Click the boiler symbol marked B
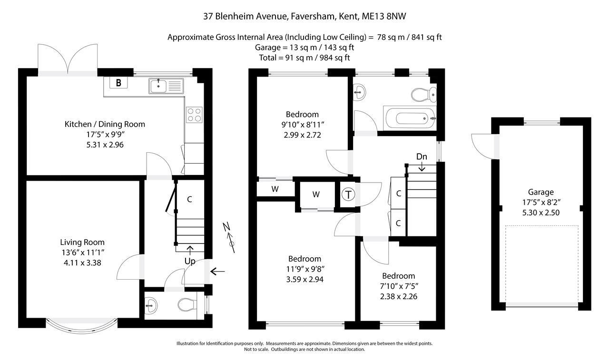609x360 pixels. (x=118, y=83)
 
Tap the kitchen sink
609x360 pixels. (x=166, y=86)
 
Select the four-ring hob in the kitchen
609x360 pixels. (x=194, y=115)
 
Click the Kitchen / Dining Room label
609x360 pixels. (x=105, y=124)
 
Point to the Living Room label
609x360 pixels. (x=82, y=242)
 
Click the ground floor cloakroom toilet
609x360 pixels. (x=187, y=304)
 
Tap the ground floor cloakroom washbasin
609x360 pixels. (x=150, y=305)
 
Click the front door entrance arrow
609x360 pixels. (x=217, y=271)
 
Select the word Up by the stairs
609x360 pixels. (x=190, y=261)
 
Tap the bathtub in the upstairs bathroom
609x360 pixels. (x=410, y=118)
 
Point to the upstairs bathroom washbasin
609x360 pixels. (x=359, y=92)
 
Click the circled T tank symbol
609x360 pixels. (x=348, y=195)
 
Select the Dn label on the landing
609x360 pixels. (x=422, y=156)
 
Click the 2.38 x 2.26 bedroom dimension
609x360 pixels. (x=399, y=296)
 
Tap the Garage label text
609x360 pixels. (x=541, y=192)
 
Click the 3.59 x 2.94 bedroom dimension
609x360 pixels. (x=305, y=279)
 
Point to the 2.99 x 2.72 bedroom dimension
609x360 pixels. (x=302, y=135)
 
